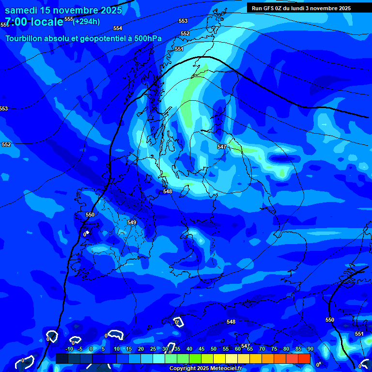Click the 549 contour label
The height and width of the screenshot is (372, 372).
[x=132, y=222]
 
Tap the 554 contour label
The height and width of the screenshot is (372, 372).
[x=118, y=28]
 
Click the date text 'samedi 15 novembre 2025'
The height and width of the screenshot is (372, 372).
[x=63, y=10]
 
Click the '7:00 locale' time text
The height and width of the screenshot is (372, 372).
[x=34, y=22]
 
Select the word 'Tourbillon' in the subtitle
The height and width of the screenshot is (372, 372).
[x=24, y=38]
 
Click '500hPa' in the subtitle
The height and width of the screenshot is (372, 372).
[x=147, y=38]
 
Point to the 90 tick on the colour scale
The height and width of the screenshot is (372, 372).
[x=310, y=349]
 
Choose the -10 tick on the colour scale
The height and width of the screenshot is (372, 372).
[x=69, y=349]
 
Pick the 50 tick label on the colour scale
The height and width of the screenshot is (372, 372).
[x=214, y=349]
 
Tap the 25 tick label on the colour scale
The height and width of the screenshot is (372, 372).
[x=153, y=349]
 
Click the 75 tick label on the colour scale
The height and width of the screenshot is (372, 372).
[x=274, y=349]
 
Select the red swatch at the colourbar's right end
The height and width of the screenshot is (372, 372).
[x=304, y=358]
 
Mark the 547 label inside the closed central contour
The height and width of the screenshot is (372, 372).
[x=222, y=146]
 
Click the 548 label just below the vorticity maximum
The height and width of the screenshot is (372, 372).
[x=168, y=191]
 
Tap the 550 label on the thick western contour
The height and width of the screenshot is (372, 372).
[x=90, y=215]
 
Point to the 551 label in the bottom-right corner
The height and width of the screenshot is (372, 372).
[x=359, y=334]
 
